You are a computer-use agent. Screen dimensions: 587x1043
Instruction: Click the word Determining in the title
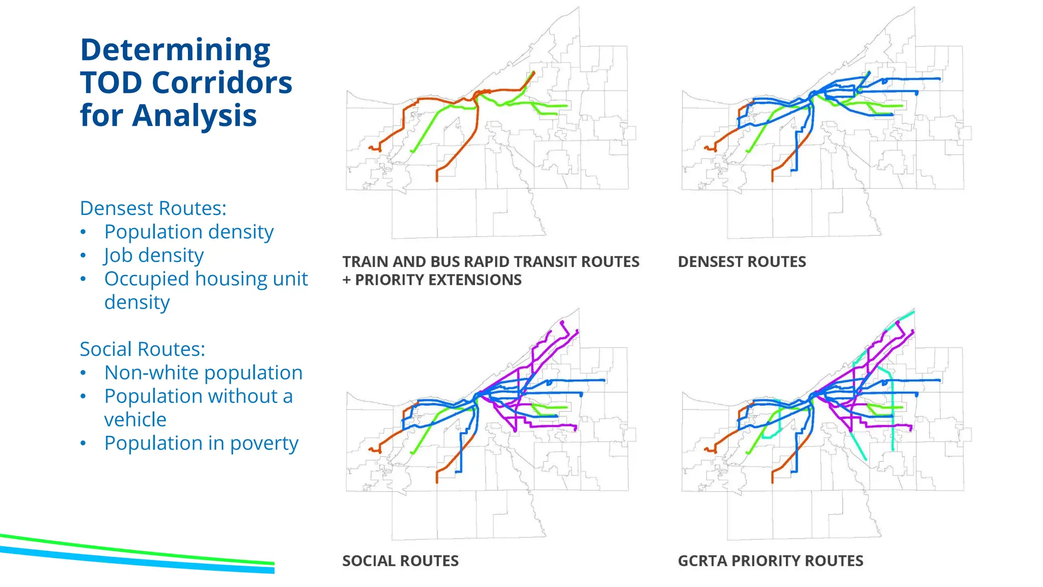pos(175,50)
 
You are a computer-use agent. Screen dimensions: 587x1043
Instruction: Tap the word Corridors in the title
pos(222,83)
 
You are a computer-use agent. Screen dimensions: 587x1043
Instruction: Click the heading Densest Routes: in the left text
pos(153,208)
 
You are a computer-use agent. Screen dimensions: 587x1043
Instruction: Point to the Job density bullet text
pos(153,255)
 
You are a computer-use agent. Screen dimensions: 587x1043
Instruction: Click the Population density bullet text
pos(188,232)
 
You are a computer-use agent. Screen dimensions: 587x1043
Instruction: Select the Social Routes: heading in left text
pos(142,349)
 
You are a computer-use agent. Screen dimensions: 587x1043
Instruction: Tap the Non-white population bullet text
pos(203,372)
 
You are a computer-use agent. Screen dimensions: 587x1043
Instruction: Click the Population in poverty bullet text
pos(201,443)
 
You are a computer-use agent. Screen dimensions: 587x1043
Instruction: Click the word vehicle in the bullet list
pos(135,420)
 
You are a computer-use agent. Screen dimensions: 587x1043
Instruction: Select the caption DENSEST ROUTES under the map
pos(742,262)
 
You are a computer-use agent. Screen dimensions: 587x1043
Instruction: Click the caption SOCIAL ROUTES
pos(400,561)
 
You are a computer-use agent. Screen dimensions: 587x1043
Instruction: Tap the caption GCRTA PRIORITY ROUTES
pos(770,561)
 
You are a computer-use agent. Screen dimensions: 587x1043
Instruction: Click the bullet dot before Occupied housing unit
pos(83,279)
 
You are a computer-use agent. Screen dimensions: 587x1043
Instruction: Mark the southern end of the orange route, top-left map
pos(437,180)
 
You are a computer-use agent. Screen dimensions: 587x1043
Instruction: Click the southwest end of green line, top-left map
pos(411,151)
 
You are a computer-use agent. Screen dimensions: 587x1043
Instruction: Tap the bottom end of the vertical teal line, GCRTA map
pos(893,449)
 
